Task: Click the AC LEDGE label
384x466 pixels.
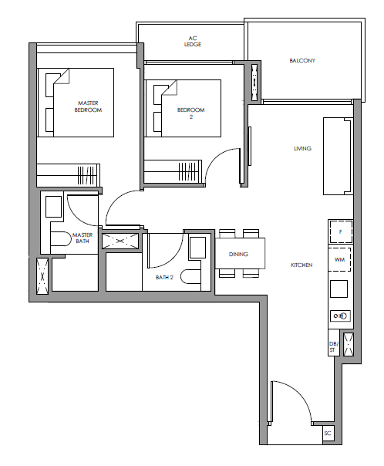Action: (x=193, y=42)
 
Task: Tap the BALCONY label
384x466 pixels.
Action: (x=302, y=61)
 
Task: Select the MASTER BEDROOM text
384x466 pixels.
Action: (x=88, y=106)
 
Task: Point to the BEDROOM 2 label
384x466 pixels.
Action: (x=190, y=113)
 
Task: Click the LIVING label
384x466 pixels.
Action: (x=302, y=148)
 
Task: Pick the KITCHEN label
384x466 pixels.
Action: (x=301, y=265)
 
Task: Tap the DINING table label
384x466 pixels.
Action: (x=238, y=254)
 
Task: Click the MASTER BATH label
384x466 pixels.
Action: (x=83, y=238)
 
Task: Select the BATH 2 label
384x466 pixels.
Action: (x=164, y=277)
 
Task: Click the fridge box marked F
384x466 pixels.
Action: (x=340, y=231)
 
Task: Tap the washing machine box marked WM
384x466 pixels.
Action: (x=339, y=259)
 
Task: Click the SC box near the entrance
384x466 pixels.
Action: (x=328, y=434)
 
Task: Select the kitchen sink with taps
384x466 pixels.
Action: (x=340, y=316)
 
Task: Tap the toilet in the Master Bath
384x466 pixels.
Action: (x=59, y=239)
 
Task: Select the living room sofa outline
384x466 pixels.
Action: (x=338, y=157)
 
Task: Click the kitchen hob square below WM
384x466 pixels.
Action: (x=339, y=289)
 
